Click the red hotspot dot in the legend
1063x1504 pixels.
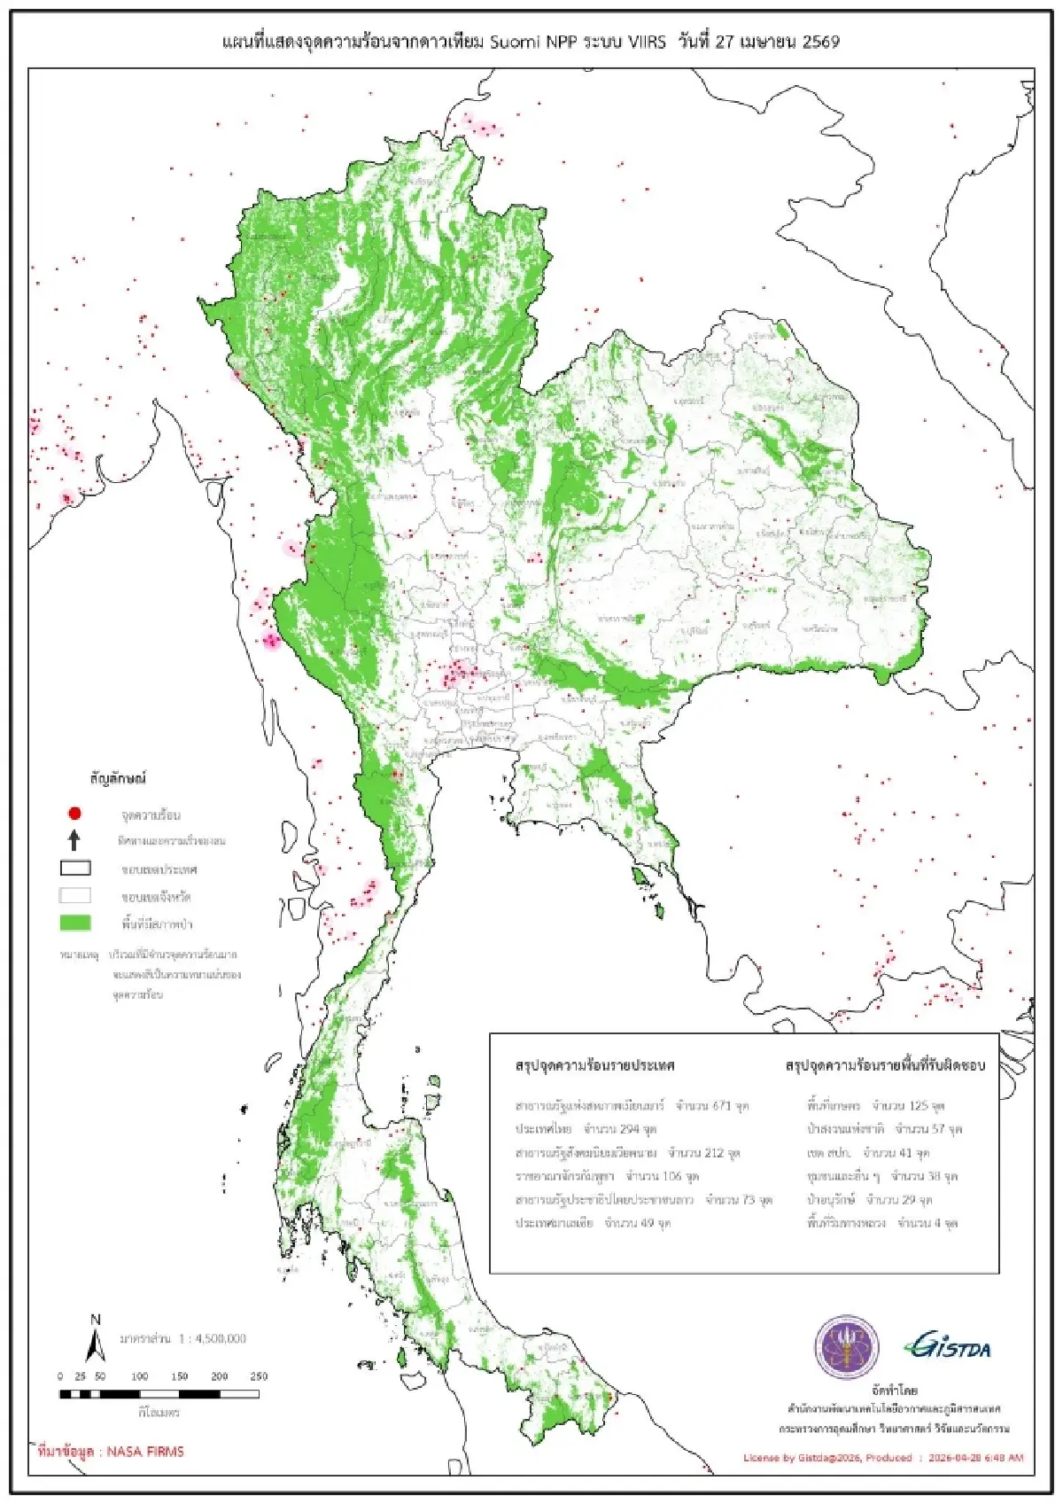74,813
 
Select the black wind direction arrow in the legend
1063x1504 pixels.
74,840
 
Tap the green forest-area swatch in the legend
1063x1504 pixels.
74,923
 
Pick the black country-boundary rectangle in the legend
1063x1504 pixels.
74,869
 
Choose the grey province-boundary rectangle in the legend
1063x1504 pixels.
74,896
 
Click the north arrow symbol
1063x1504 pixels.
95,1339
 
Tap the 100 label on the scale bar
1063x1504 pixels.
139,1376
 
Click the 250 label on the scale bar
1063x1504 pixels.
259,1376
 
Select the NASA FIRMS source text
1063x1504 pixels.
111,1452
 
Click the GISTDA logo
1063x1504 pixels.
947,1347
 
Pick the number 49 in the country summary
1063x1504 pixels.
649,1223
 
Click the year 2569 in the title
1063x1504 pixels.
820,42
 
